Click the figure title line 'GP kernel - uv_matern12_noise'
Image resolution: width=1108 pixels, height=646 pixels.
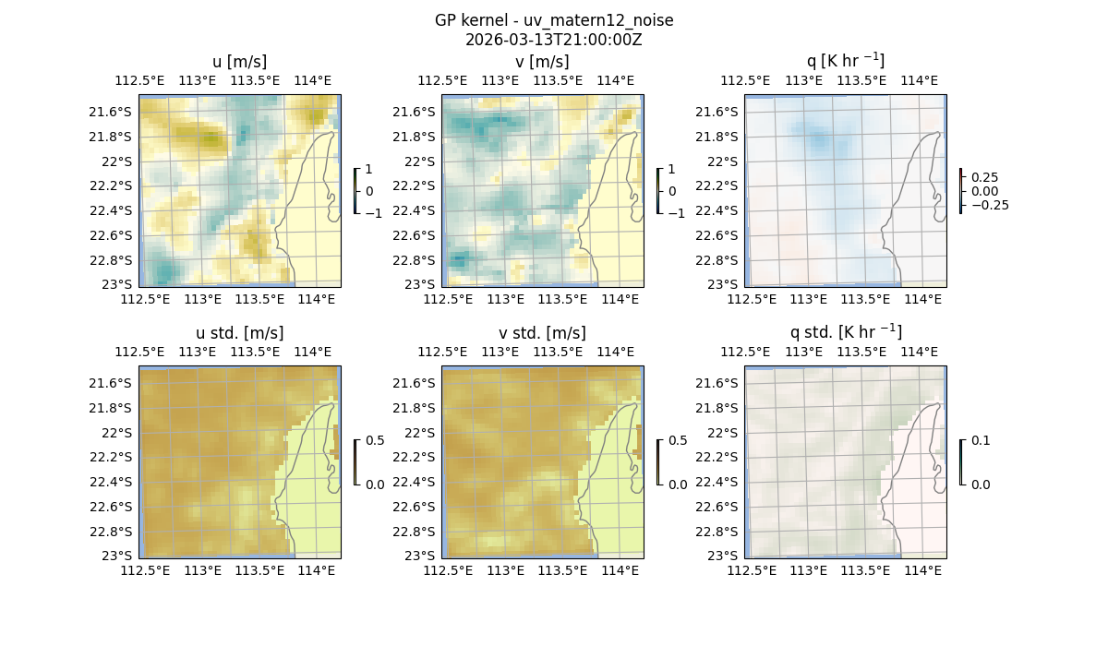554,20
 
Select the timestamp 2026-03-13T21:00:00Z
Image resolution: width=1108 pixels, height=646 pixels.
554,40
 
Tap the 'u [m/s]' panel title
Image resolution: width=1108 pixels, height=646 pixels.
240,62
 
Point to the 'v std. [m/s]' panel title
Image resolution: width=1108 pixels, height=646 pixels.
543,333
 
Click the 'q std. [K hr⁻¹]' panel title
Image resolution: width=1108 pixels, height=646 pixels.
846,332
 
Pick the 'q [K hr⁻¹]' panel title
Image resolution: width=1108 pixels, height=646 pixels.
846,61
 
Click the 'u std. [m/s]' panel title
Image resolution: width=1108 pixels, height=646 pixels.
240,333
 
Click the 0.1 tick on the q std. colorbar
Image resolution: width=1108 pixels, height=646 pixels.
979,440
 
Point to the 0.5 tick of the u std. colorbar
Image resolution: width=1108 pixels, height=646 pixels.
375,440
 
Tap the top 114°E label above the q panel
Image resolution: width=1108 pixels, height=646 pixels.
919,80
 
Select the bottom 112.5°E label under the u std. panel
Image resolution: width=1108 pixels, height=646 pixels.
146,570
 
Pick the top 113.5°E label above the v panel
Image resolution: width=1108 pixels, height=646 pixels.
558,80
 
